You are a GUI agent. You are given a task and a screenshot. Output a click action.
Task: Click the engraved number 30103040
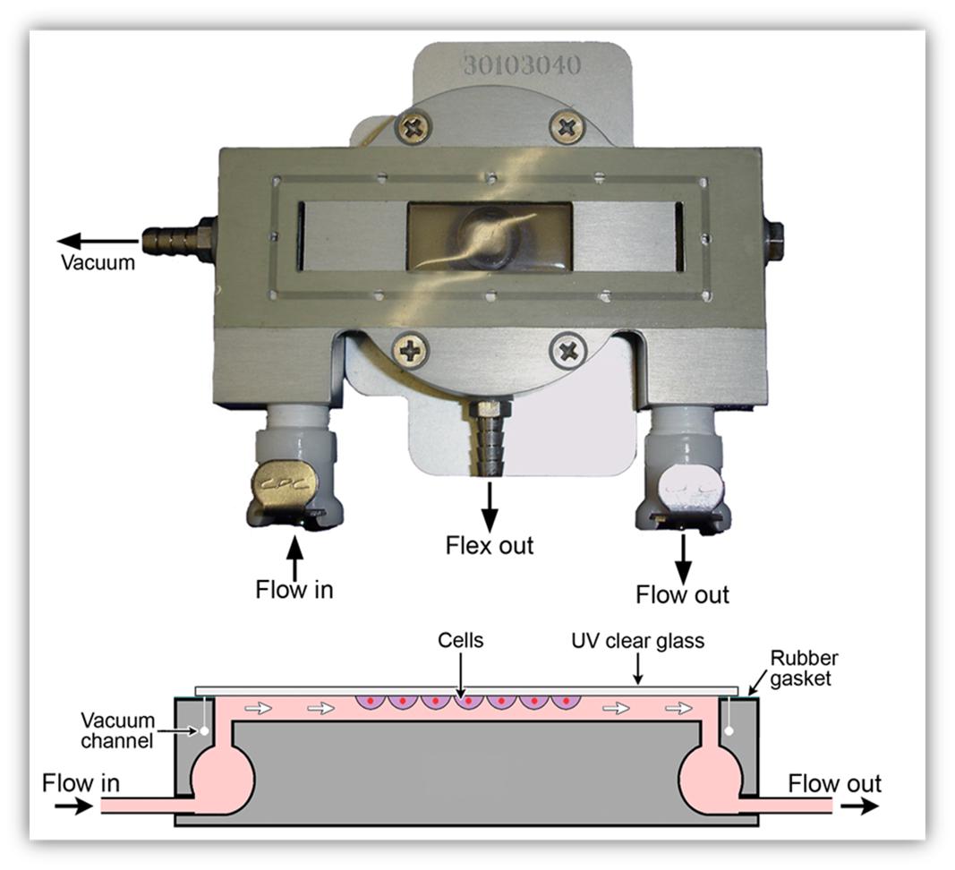click(x=522, y=64)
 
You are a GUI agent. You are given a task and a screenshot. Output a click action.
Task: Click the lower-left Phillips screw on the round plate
click(x=411, y=349)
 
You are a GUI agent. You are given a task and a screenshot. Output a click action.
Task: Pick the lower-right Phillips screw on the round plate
click(x=568, y=349)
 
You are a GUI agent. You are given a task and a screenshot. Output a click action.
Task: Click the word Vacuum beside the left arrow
click(x=98, y=262)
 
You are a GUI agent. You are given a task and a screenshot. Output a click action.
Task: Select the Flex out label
click(x=490, y=545)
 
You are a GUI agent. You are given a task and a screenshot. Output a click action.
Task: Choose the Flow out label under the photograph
click(x=682, y=594)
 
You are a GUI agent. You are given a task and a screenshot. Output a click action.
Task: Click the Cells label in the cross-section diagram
click(x=460, y=642)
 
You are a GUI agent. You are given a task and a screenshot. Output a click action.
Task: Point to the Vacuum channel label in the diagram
click(x=118, y=730)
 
